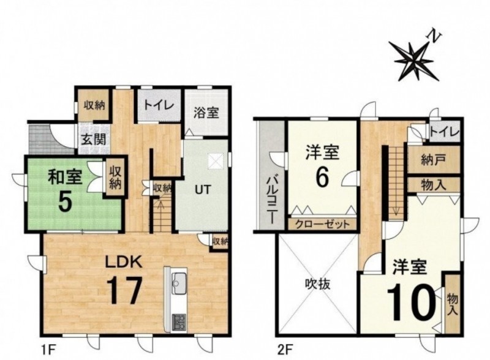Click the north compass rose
coord(414,59)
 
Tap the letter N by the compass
coord(434,36)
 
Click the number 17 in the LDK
coord(124,291)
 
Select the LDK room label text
coord(124,262)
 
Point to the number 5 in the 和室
coord(66,202)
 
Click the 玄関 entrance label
coord(94,139)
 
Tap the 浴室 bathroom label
coord(206,113)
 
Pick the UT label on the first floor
coord(203,190)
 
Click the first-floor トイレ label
coord(159,105)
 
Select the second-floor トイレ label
coord(445,132)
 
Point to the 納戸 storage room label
coord(434,160)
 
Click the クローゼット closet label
coord(322,224)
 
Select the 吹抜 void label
coord(317,284)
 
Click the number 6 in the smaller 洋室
coord(322,178)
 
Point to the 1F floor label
coord(48,348)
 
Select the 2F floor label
coord(285,348)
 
